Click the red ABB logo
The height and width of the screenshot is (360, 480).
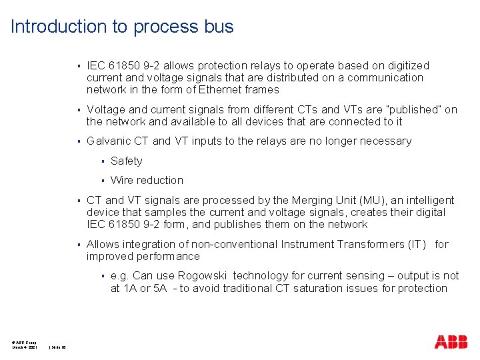pyautogui.click(x=451, y=343)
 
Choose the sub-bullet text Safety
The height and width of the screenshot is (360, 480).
pyautogui.click(x=127, y=161)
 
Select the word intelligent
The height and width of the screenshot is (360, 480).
pyautogui.click(x=428, y=200)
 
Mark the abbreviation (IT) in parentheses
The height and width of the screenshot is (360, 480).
pyautogui.click(x=415, y=244)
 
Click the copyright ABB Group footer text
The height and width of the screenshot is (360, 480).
pyautogui.click(x=24, y=342)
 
